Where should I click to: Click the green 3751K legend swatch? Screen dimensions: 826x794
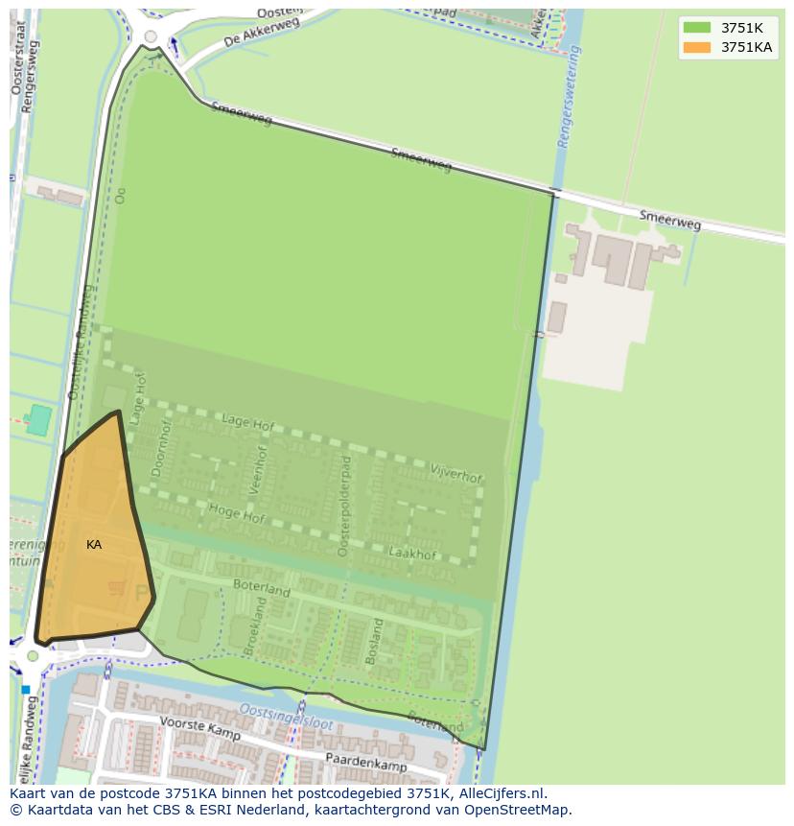pyautogui.click(x=696, y=28)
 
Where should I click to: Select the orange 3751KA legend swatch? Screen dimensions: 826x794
pyautogui.click(x=696, y=47)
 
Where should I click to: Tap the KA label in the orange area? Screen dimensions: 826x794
pyautogui.click(x=94, y=545)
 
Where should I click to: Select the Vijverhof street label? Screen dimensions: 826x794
pyautogui.click(x=456, y=473)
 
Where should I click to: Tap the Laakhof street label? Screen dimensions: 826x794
pyautogui.click(x=413, y=553)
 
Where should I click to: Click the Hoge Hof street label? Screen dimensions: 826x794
pyautogui.click(x=236, y=514)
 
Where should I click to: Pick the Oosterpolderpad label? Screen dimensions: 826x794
pyautogui.click(x=345, y=506)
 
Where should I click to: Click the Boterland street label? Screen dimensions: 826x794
pyautogui.click(x=262, y=588)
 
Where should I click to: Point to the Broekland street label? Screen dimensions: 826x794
pyautogui.click(x=254, y=626)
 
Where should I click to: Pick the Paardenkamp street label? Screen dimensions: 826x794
pyautogui.click(x=365, y=762)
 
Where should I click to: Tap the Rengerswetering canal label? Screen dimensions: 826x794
pyautogui.click(x=570, y=97)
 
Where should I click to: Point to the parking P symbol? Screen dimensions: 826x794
pyautogui.click(x=142, y=594)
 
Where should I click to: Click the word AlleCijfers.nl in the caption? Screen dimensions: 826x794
pyautogui.click(x=498, y=793)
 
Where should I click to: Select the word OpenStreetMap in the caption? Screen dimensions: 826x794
pyautogui.click(x=516, y=810)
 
